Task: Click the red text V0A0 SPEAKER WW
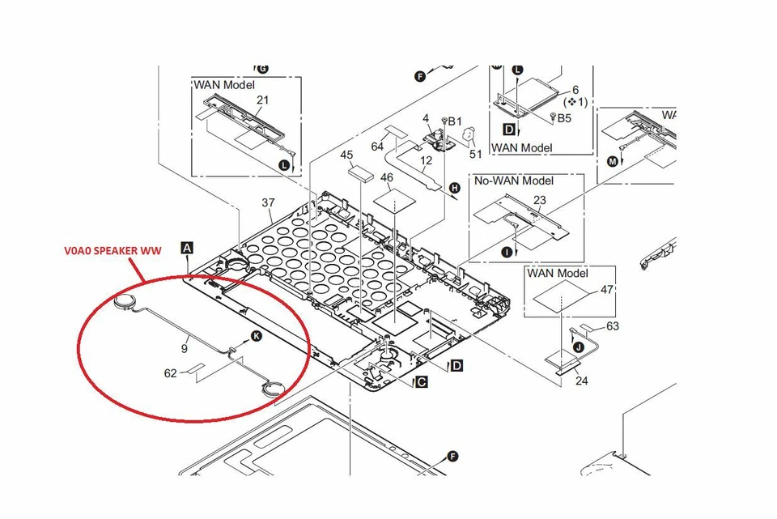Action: point(113,251)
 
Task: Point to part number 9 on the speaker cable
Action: point(185,349)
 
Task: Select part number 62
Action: point(170,374)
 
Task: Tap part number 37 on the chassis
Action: point(269,202)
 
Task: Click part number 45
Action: point(346,155)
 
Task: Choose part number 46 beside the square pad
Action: point(387,177)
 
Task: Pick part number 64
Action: point(377,147)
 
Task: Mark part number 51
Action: point(476,154)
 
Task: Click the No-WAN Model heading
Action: point(514,181)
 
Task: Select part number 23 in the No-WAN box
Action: point(541,201)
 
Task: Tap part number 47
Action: point(607,289)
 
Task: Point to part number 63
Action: point(612,326)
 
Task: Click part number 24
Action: point(582,380)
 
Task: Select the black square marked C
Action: point(421,381)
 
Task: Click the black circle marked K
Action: point(257,335)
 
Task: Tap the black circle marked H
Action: point(454,189)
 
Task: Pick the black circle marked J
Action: point(578,347)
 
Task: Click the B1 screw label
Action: point(454,121)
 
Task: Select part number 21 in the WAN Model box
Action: point(262,100)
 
